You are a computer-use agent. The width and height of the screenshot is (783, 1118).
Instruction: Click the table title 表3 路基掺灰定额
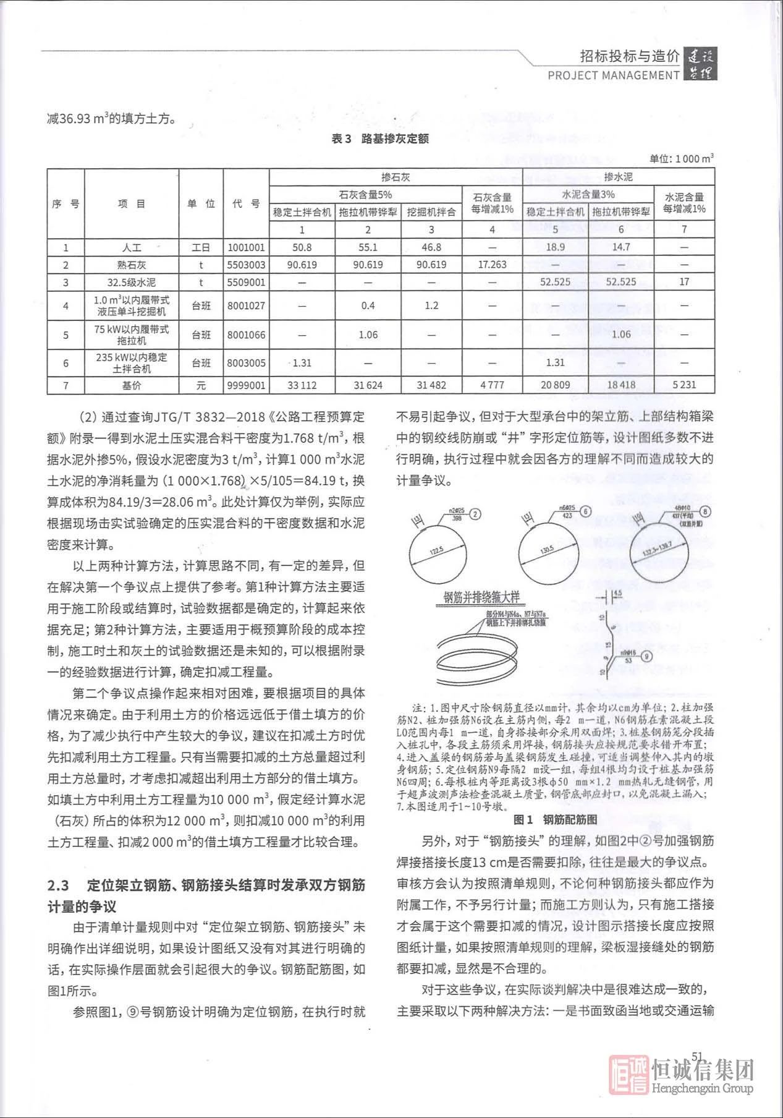pos(380,139)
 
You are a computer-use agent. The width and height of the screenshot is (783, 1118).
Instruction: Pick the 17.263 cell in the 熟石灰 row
pos(492,265)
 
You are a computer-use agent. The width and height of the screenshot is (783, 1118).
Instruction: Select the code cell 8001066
pos(246,335)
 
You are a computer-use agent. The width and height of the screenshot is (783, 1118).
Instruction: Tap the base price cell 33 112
pos(302,385)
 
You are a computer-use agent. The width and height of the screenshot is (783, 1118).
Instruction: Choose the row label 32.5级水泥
pos(132,283)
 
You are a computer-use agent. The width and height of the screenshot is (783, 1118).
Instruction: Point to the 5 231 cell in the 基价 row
pos(684,385)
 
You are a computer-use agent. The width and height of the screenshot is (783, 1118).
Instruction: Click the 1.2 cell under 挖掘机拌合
pos(431,305)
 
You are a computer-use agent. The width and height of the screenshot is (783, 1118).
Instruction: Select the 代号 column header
pos(246,203)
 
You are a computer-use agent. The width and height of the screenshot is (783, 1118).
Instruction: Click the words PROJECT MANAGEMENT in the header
pos(614,75)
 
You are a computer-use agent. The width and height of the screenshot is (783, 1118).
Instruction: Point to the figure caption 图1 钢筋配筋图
pos(556,820)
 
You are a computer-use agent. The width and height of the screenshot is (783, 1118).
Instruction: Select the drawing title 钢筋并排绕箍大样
pos(482,597)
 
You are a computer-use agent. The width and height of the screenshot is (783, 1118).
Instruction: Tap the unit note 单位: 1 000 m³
pos(682,159)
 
